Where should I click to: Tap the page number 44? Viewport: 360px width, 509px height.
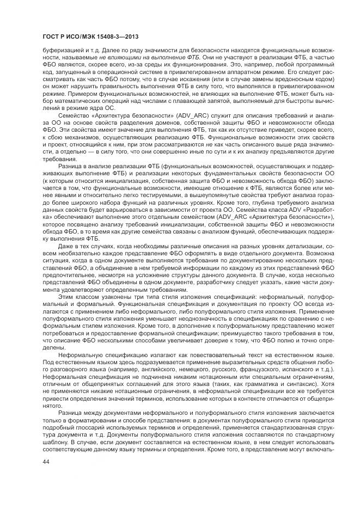[x=46, y=462]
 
